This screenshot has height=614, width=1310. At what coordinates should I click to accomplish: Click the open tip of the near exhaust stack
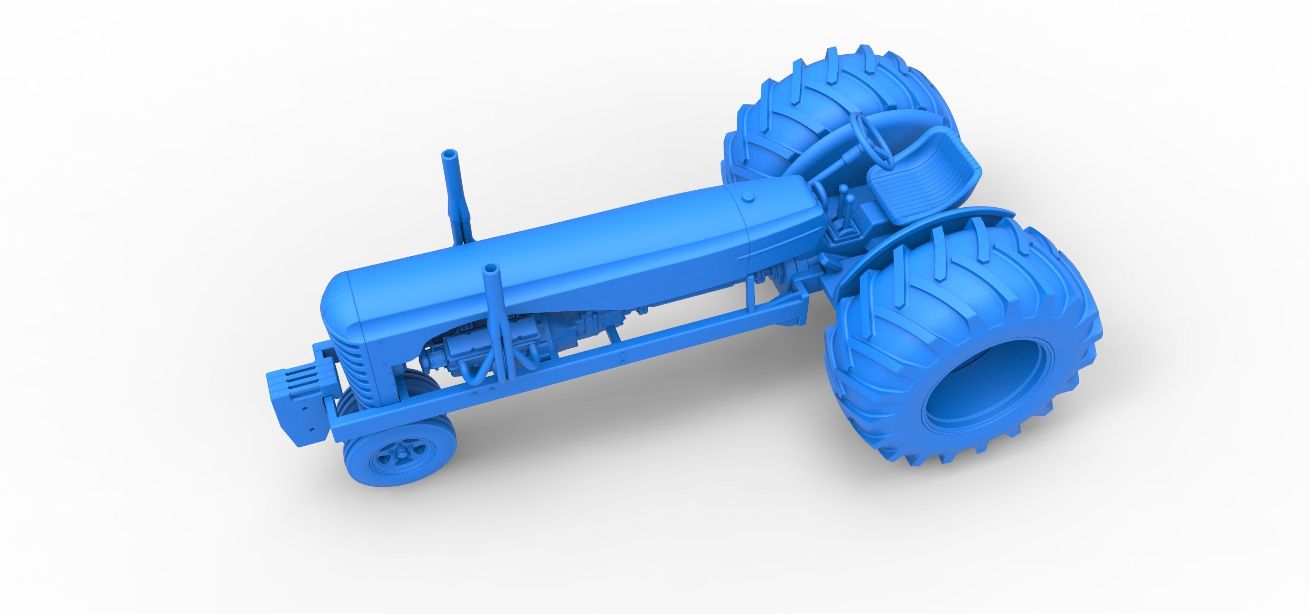click(491, 268)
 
